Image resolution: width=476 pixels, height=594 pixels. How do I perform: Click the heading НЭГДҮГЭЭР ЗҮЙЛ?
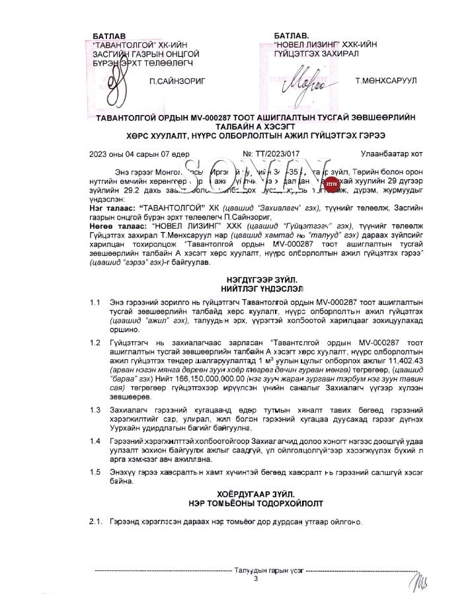[257, 281]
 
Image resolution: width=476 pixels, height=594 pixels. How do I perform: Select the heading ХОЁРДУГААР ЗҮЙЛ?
[257, 494]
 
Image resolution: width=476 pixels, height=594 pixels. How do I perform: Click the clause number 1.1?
[96, 302]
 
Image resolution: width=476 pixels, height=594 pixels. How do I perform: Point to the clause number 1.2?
[96, 343]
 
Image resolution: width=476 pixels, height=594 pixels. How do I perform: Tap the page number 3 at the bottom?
[256, 579]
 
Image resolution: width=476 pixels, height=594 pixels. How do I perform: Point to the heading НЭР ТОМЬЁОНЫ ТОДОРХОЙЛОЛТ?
[257, 503]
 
